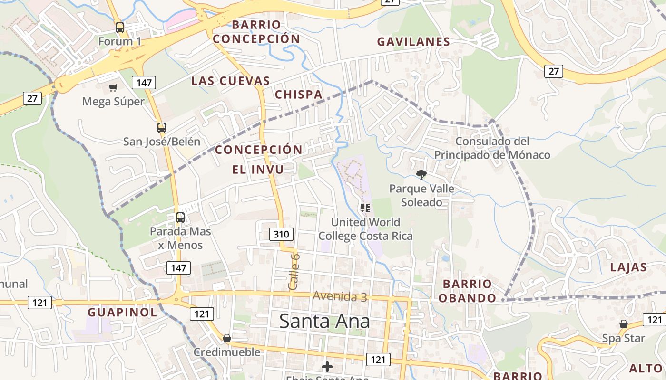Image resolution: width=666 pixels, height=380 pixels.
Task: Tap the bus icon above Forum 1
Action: point(120,27)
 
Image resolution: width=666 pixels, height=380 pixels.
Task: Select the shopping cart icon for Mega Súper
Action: point(113,87)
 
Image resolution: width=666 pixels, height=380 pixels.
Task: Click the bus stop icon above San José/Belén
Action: point(162,127)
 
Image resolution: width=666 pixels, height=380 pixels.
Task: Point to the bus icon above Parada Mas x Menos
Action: point(180,217)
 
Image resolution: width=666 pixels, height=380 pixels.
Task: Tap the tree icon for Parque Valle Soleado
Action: point(421,175)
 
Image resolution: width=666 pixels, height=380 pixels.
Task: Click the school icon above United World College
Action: point(365,208)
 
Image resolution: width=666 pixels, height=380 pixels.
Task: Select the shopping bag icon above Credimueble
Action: point(227,338)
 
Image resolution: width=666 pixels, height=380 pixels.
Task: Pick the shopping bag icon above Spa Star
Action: point(623,324)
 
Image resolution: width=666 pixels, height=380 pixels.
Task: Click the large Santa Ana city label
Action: point(324,321)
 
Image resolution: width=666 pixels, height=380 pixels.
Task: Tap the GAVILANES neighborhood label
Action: point(413,42)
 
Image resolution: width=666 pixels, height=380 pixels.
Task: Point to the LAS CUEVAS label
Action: point(231,81)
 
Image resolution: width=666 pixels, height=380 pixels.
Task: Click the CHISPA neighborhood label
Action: point(299,95)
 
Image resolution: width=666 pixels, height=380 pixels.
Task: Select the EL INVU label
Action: point(258,169)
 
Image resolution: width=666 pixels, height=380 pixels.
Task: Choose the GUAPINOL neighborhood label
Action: point(122,312)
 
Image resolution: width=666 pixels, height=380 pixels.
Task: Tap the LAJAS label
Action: point(628,267)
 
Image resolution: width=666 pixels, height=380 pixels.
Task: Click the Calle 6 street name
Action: point(294,272)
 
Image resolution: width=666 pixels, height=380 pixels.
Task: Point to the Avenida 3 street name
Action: point(340,296)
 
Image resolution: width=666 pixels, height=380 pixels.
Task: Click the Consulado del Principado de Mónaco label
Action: point(492,148)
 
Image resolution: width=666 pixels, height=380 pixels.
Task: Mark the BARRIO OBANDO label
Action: point(467,291)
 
